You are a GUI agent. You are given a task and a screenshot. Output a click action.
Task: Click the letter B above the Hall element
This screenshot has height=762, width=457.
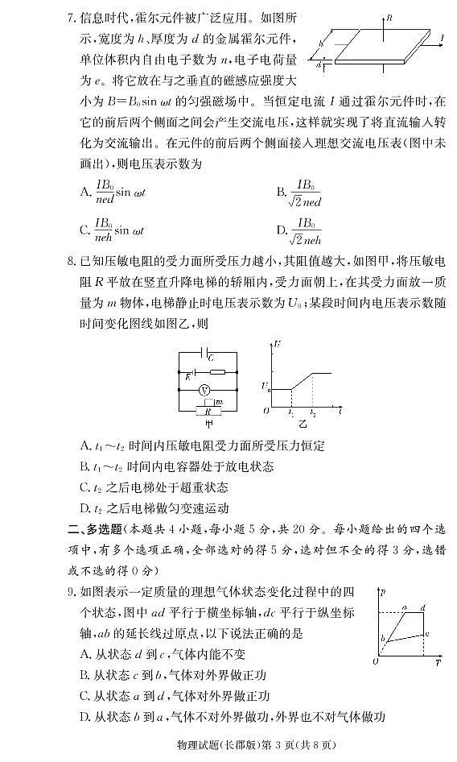[389, 16]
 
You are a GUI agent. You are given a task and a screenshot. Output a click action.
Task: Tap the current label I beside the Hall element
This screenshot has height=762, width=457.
[443, 37]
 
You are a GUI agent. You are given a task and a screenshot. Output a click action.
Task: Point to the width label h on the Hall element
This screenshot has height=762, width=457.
[321, 44]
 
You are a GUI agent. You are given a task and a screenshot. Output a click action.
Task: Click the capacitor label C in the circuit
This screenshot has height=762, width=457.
[210, 355]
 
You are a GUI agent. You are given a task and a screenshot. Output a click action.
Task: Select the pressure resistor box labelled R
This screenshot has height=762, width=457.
[207, 410]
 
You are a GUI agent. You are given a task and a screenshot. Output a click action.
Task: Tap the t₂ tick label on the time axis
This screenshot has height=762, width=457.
[313, 413]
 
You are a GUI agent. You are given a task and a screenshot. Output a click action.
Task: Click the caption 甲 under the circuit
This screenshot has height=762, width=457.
[208, 423]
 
